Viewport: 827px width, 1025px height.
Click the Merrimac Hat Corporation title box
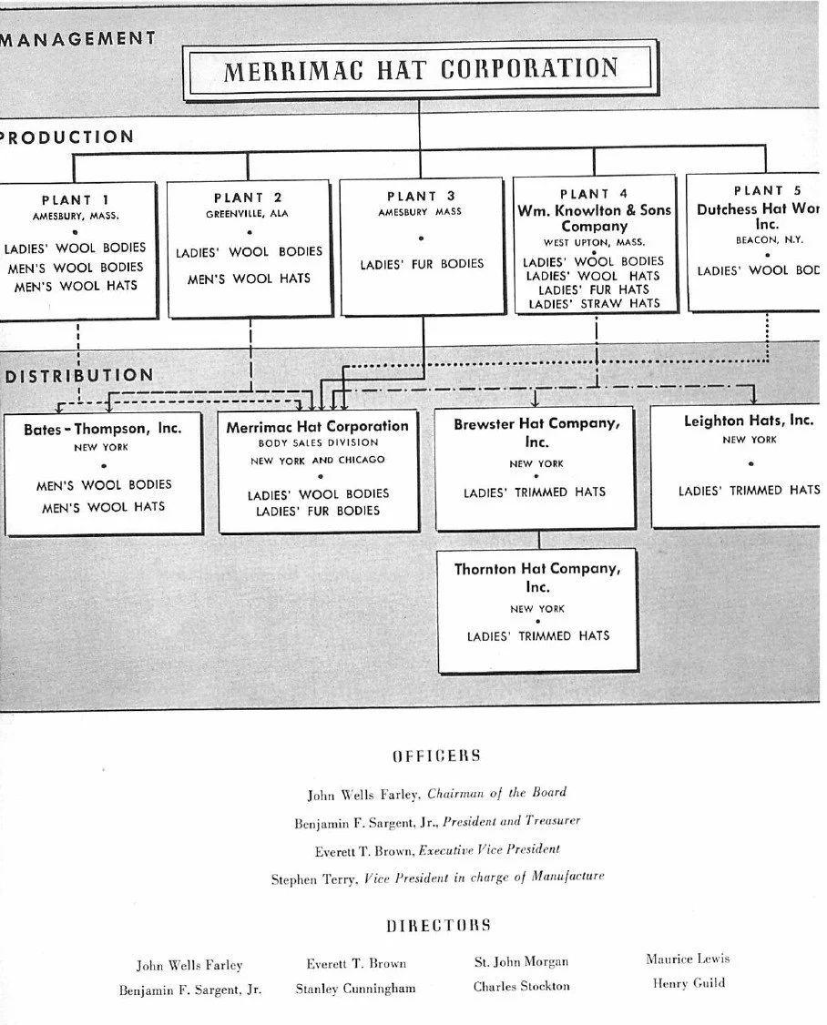pos(420,69)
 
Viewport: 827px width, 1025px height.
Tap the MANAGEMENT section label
pos(77,38)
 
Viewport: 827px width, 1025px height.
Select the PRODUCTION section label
pos(66,137)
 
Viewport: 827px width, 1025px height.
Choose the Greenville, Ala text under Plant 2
pos(248,214)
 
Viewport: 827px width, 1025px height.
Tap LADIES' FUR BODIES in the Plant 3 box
pos(422,264)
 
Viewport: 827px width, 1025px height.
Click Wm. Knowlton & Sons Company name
pos(594,218)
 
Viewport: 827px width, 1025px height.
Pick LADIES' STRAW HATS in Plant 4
pos(594,303)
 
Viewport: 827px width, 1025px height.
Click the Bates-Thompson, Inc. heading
pos(102,428)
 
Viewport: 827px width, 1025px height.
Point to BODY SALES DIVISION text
pos(318,442)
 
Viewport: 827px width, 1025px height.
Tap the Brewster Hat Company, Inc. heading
pos(536,431)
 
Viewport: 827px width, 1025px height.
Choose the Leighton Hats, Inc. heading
pos(749,421)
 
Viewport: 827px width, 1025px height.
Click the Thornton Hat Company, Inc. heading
pos(537,577)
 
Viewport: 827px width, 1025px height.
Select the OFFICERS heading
pos(436,756)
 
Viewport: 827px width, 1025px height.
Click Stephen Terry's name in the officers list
pos(314,879)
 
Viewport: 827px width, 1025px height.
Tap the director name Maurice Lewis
pos(688,959)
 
